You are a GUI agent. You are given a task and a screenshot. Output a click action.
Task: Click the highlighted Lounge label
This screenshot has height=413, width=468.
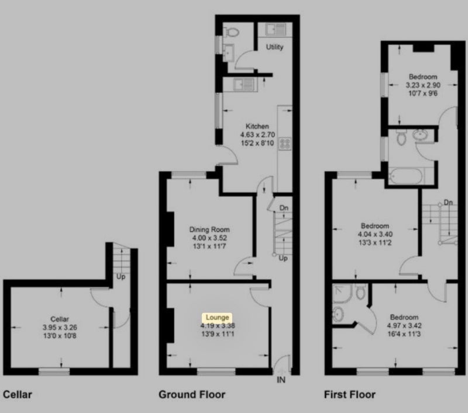[217, 317]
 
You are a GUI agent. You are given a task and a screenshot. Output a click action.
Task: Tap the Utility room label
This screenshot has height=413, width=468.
[274, 47]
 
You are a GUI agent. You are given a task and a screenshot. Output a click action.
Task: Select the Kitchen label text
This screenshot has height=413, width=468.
[257, 126]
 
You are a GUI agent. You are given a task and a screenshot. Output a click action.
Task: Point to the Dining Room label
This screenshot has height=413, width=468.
[209, 230]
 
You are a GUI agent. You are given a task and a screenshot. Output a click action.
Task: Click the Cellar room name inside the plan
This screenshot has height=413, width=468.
[60, 319]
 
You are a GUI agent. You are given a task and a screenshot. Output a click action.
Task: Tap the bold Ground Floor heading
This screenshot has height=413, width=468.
[192, 394]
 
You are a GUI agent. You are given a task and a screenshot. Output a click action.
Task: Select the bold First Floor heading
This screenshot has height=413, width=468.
[350, 394]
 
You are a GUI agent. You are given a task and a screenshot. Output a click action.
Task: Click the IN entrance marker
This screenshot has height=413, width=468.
[281, 380]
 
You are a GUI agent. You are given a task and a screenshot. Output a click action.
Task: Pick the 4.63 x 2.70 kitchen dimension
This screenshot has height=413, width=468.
[257, 135]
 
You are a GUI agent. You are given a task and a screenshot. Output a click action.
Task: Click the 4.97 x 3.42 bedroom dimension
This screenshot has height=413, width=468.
[404, 326]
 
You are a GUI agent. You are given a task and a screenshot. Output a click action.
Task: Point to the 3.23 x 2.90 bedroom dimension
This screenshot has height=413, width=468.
[423, 85]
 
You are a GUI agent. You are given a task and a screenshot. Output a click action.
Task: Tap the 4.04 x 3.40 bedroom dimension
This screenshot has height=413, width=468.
[375, 234]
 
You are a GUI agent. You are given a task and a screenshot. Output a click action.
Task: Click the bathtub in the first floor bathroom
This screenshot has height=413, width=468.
[406, 176]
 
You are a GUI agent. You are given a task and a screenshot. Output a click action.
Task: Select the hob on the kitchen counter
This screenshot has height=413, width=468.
[285, 144]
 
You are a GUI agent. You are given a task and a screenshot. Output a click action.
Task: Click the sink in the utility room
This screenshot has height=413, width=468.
[276, 30]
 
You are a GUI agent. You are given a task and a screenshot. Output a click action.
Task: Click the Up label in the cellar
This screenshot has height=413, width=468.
[121, 277]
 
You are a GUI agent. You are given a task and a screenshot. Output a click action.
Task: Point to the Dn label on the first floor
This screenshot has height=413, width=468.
[448, 203]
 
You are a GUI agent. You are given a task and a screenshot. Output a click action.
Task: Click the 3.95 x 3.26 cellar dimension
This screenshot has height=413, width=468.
[60, 328]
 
